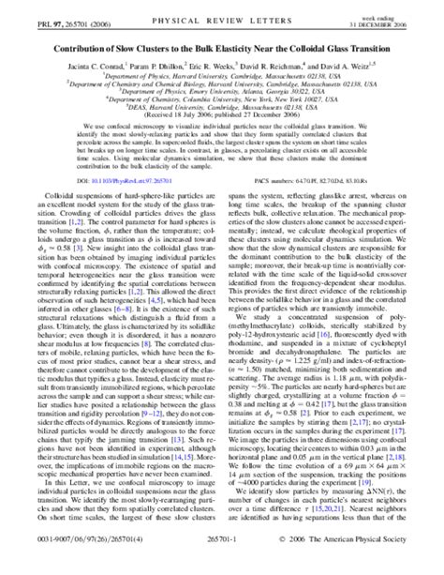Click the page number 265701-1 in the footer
(223, 566)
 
